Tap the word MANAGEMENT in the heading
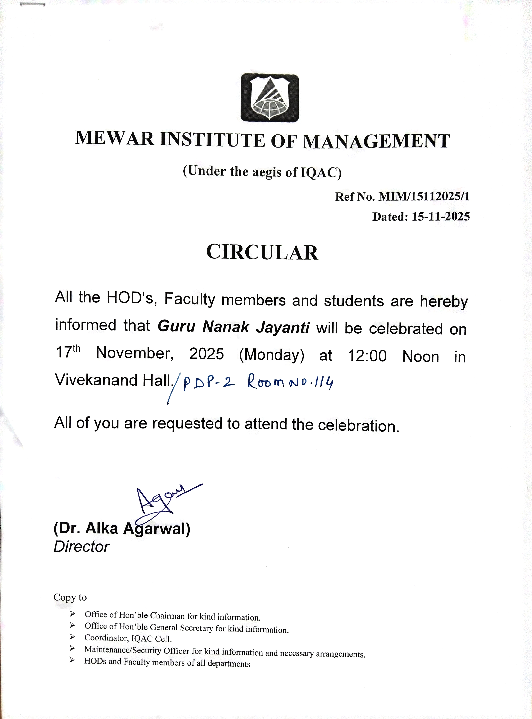pyautogui.click(x=376, y=141)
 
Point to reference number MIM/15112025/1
pyautogui.click(x=424, y=196)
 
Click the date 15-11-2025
pyautogui.click(x=441, y=216)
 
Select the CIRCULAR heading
pyautogui.click(x=262, y=252)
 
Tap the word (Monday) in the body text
pyautogui.click(x=271, y=355)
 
